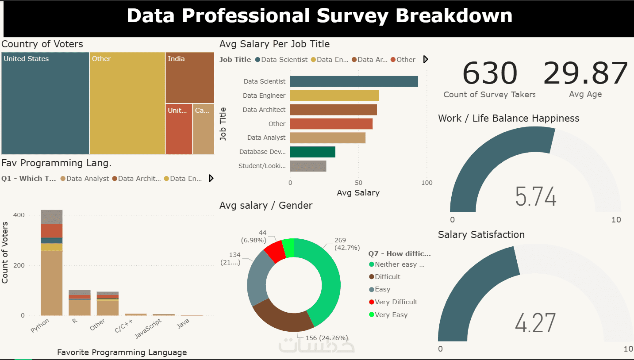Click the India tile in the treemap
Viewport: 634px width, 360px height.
click(189, 77)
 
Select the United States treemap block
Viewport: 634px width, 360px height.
click(45, 103)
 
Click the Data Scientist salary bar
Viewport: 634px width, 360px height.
click(354, 81)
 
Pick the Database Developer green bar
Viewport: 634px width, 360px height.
click(312, 152)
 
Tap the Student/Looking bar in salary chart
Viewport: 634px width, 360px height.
click(308, 166)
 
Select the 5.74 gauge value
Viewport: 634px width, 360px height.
click(536, 197)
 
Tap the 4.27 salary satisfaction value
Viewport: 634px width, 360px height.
click(535, 323)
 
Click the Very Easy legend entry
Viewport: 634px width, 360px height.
click(391, 315)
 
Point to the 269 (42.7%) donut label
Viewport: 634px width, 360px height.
click(346, 244)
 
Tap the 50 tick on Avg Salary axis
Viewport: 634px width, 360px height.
click(358, 183)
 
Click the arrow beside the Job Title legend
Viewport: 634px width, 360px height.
click(426, 59)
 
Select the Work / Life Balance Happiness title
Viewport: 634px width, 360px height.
click(508, 119)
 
